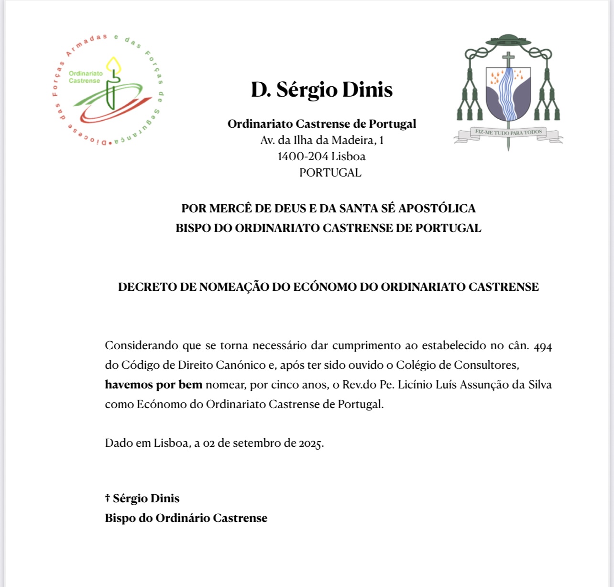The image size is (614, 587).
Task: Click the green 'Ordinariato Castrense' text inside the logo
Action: (86, 77)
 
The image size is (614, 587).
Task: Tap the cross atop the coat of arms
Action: (508, 60)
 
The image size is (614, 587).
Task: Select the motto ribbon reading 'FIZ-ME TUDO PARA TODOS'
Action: (508, 133)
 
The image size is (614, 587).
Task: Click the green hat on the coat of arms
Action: (508, 40)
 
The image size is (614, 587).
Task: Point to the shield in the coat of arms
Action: (508, 94)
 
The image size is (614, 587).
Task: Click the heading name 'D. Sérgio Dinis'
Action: (322, 90)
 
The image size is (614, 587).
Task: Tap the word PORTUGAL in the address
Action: (330, 173)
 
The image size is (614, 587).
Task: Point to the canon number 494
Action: (543, 346)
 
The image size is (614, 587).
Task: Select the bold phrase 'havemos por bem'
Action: (153, 385)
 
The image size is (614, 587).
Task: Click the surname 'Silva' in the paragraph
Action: (540, 385)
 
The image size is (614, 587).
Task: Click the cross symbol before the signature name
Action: (108, 498)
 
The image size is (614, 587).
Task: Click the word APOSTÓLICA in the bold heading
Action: (437, 209)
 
